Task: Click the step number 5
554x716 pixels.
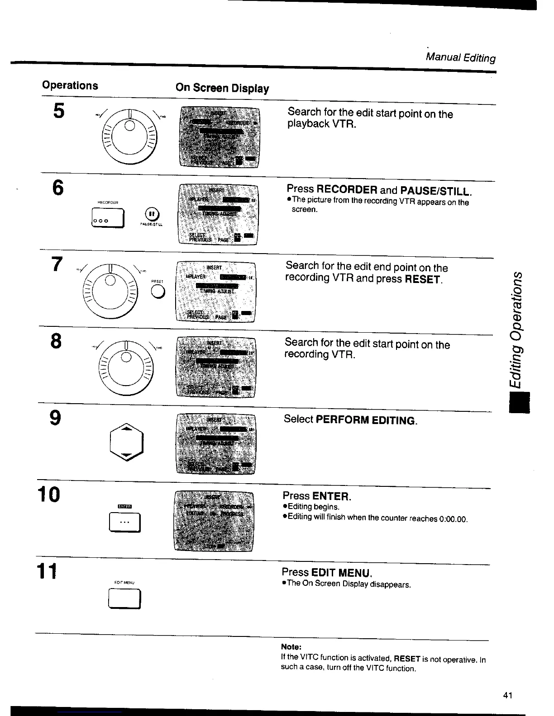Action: (59, 111)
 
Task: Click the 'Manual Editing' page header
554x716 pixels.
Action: (461, 57)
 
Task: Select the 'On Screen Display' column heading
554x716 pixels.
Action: (222, 88)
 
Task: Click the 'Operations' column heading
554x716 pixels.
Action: (70, 85)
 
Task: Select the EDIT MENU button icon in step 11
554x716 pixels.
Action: (124, 599)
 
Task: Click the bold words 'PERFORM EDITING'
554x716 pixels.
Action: (366, 420)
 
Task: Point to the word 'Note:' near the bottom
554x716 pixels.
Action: (291, 647)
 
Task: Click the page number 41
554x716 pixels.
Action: (507, 695)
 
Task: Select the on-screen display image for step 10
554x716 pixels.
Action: (214, 521)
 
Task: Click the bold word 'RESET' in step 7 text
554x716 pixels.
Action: (423, 279)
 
